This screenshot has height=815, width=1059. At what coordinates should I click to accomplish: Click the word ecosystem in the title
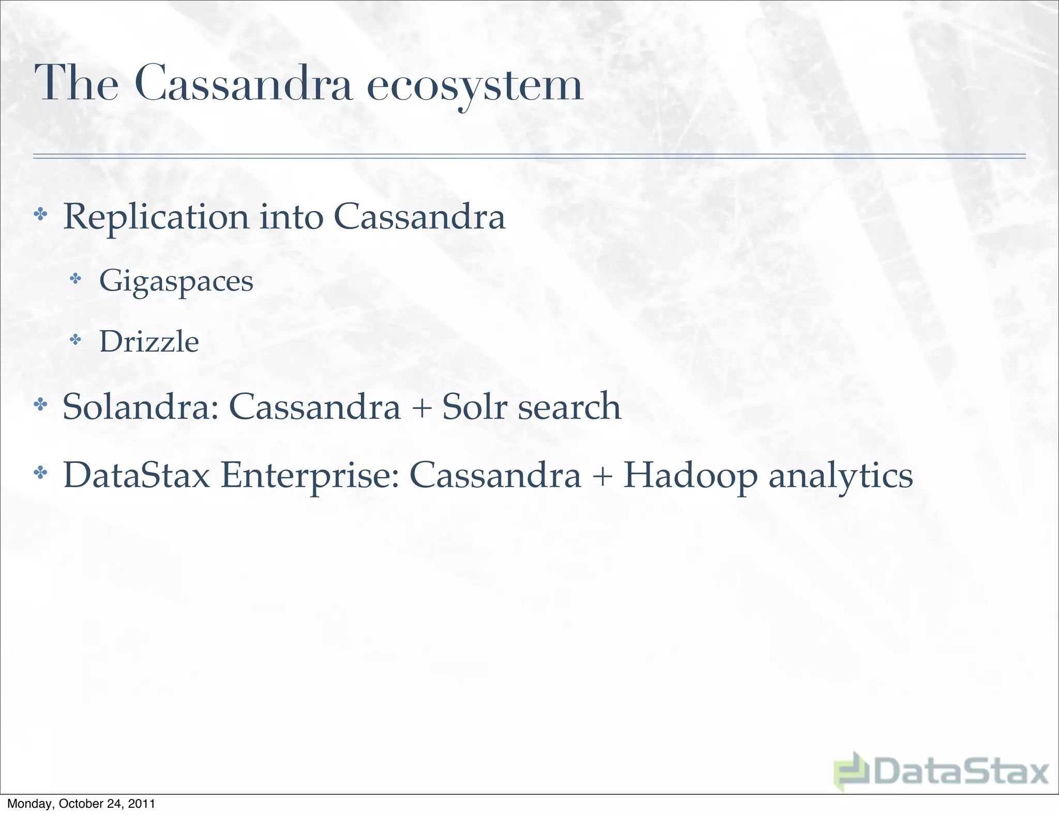(475, 85)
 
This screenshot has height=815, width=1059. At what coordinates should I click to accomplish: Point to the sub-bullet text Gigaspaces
(176, 282)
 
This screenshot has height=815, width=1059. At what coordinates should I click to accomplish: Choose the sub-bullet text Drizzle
(149, 342)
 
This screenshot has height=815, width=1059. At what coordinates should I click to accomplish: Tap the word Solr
(474, 406)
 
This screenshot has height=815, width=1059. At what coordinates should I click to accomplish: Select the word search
(569, 406)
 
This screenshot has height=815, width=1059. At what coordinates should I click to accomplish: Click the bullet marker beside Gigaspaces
(76, 279)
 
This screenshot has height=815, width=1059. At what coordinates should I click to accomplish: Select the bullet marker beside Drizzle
(76, 340)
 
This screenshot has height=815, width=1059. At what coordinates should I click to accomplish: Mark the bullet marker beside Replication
(40, 214)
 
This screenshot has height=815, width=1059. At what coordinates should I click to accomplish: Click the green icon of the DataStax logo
(852, 772)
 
